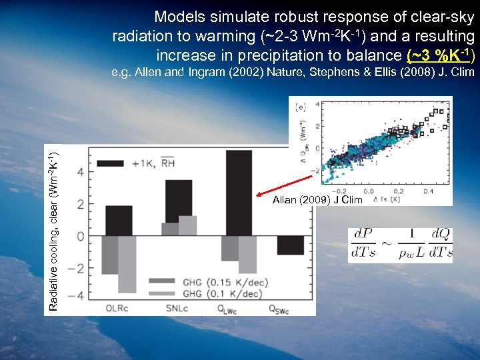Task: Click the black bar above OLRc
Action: click(119, 221)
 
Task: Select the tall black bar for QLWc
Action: click(239, 193)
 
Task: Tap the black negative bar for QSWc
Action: click(290, 245)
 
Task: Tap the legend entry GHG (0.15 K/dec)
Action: click(227, 282)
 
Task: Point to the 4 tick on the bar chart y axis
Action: click(81, 173)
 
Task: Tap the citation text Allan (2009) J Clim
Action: click(317, 200)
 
